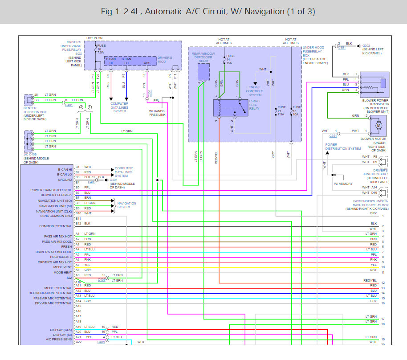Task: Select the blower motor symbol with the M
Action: click(x=379, y=126)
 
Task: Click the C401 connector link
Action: click(x=69, y=105)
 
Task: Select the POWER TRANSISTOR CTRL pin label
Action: click(x=51, y=190)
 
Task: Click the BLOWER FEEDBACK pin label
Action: click(x=57, y=195)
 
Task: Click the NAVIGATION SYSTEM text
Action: click(x=127, y=205)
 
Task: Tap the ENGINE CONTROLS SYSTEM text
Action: click(x=255, y=91)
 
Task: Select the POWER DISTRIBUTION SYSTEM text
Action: click(x=343, y=147)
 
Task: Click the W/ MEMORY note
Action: click(x=343, y=183)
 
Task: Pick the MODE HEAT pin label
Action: click(x=63, y=272)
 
